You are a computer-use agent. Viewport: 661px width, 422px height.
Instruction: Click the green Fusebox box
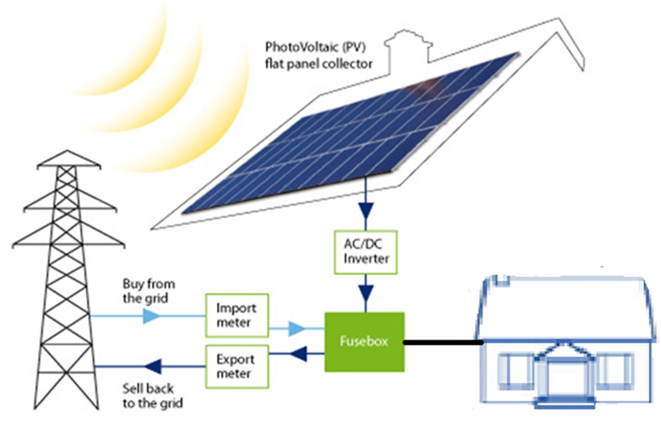point(364,341)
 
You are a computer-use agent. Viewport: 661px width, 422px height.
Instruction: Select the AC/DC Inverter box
point(366,252)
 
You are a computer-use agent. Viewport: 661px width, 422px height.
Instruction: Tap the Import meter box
point(237,315)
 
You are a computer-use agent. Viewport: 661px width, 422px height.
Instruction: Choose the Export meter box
point(237,366)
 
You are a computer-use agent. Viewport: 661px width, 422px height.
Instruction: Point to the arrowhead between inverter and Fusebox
point(366,293)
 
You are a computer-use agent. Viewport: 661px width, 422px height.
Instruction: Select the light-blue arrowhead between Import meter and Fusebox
point(296,328)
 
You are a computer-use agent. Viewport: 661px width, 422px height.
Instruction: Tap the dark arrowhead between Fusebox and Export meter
point(299,354)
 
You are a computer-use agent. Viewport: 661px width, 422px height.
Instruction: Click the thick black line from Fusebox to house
point(443,342)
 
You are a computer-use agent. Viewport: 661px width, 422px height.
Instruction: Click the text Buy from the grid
point(148,291)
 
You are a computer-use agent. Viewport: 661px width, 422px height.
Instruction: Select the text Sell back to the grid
point(152,395)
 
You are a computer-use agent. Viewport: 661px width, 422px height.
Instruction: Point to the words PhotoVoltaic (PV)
point(315,47)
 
